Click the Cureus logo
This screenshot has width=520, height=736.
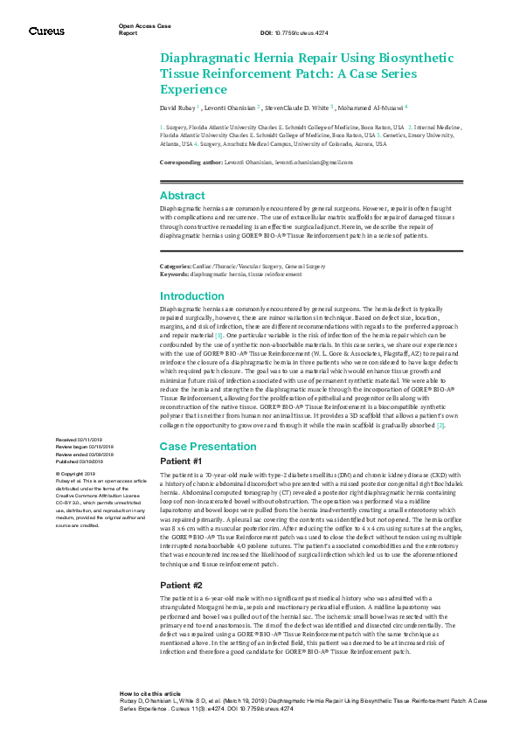click(x=46, y=31)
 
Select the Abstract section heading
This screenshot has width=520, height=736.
click(x=182, y=196)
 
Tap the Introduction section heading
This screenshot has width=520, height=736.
click(x=192, y=296)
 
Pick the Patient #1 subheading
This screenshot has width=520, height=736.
click(x=181, y=461)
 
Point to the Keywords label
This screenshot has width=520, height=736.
click(x=174, y=274)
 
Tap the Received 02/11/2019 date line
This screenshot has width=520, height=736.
click(x=79, y=439)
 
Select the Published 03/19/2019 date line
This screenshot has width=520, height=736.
click(x=80, y=460)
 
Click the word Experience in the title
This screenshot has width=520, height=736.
click(x=193, y=89)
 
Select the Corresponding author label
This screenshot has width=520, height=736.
click(x=191, y=163)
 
